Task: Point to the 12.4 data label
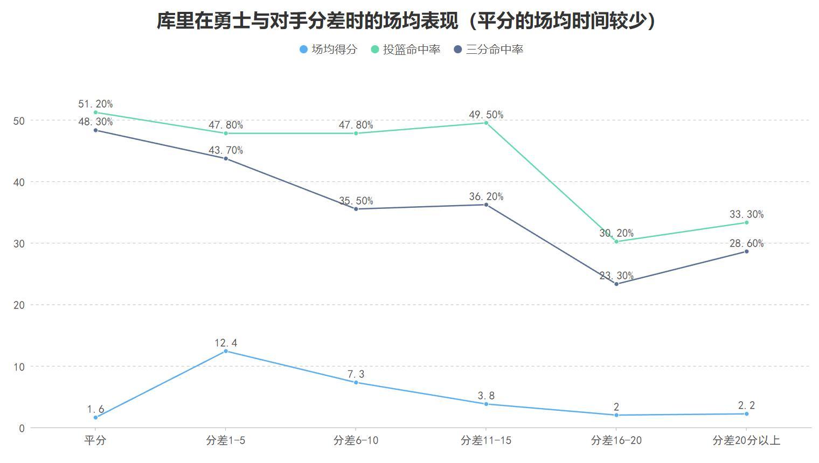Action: point(226,343)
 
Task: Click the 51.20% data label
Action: point(95,104)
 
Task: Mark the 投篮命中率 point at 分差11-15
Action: point(486,123)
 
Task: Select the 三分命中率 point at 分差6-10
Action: point(356,209)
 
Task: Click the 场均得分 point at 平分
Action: point(95,417)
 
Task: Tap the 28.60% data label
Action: point(746,243)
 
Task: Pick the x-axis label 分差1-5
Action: point(226,440)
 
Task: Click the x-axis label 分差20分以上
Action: point(746,440)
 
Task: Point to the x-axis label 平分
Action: point(95,440)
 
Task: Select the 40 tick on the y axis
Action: point(19,182)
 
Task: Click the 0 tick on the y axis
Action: point(22,429)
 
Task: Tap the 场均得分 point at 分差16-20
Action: point(616,415)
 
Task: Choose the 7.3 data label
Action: point(356,374)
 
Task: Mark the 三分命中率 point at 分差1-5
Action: point(226,159)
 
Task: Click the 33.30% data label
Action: point(746,214)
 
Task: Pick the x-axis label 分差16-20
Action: point(616,440)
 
